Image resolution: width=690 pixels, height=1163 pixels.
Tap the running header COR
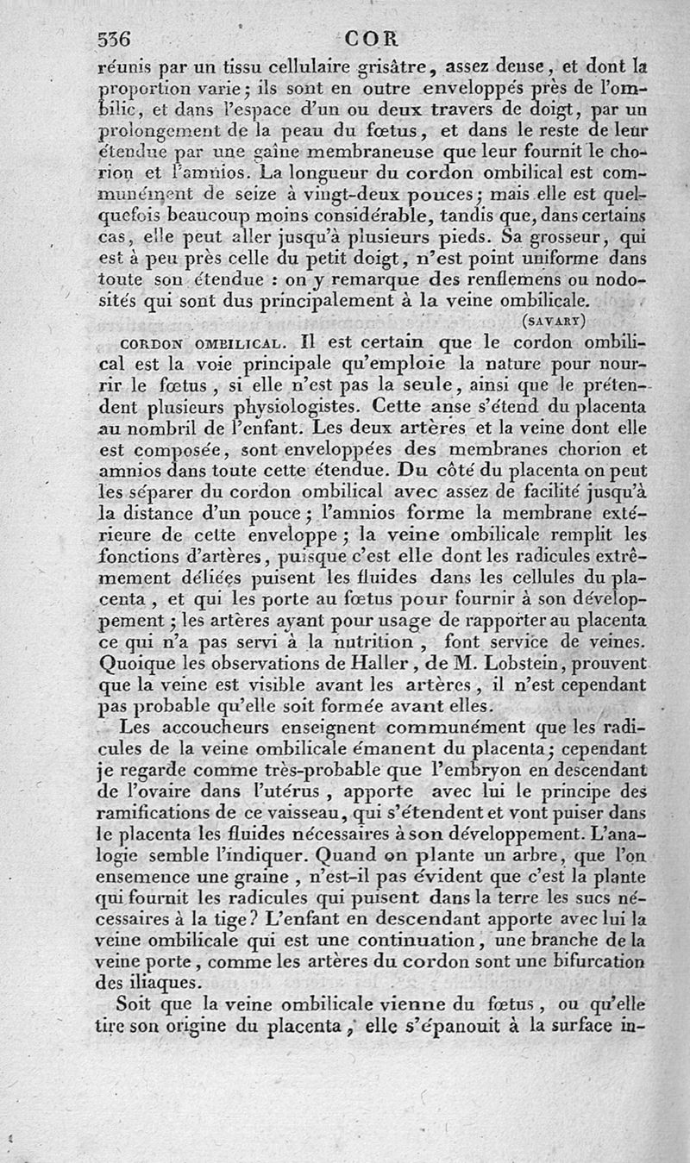tap(368, 39)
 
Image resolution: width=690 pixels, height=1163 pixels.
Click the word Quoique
tap(141, 664)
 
